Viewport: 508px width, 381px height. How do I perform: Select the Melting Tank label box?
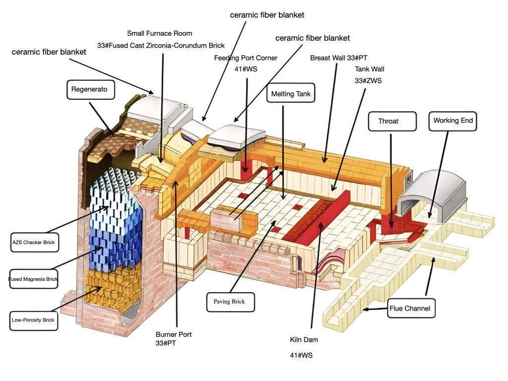291,93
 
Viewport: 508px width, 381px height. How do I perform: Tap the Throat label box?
391,121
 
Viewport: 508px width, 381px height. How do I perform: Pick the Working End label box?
452,121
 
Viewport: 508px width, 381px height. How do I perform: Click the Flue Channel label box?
412,309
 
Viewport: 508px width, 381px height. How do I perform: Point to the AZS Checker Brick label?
33,243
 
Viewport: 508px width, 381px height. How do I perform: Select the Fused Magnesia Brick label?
33,279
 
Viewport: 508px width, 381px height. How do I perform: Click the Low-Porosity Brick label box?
33,320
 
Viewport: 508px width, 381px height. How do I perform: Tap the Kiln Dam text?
304,340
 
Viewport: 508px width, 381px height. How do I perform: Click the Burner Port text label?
173,334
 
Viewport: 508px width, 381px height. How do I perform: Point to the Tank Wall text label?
369,69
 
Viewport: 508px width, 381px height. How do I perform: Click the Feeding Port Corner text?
246,58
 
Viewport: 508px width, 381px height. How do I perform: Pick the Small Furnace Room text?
159,33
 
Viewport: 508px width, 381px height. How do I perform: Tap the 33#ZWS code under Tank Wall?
368,80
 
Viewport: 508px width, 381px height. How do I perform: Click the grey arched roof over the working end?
432,191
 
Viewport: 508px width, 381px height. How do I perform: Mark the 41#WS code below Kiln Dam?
301,355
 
